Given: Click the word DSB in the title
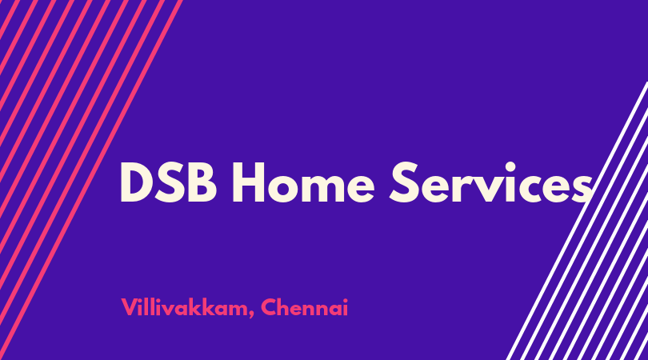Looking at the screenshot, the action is (x=168, y=182).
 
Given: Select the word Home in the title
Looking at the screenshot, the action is (x=303, y=182).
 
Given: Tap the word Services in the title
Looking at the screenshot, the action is (x=491, y=182).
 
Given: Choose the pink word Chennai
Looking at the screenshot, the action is (x=305, y=307).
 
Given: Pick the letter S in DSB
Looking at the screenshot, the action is (x=172, y=182).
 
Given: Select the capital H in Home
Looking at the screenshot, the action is (x=248, y=182).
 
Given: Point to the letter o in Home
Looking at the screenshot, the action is (x=283, y=188).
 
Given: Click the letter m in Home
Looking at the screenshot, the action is (x=324, y=188).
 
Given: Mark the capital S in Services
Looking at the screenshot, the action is (x=404, y=182).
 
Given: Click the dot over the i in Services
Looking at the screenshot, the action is (x=510, y=166).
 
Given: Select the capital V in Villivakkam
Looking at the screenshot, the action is (x=129, y=306).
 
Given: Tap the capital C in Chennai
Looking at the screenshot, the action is (x=269, y=307).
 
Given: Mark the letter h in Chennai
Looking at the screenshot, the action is (x=285, y=306).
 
